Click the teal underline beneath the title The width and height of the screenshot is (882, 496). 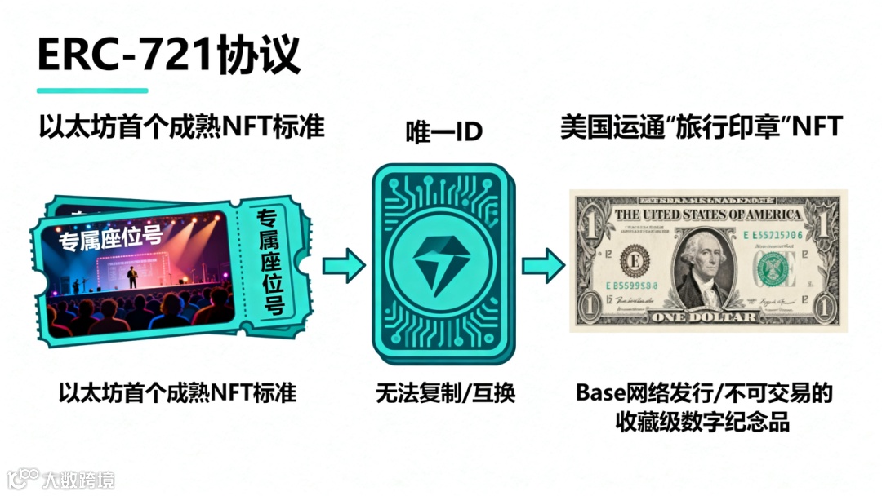92,91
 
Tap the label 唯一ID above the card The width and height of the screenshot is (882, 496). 444,133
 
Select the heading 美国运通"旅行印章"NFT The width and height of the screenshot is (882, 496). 702,128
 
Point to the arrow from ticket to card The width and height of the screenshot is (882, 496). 343,267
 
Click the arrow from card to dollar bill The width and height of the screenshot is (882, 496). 543,267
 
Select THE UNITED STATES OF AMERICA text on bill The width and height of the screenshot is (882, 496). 708,215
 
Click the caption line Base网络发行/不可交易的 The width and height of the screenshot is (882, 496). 704,394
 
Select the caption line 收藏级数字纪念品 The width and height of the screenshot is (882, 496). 704,423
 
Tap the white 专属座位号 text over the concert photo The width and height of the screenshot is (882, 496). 110,237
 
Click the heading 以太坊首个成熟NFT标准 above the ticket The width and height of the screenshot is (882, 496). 181,128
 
